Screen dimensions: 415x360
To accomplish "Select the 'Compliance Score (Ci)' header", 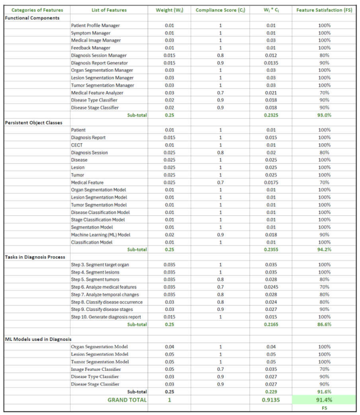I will [219, 10].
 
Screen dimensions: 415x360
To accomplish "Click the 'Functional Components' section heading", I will [33, 18].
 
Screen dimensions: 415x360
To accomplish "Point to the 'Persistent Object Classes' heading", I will [37, 122].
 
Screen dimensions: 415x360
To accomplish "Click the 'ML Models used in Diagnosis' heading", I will [38, 339].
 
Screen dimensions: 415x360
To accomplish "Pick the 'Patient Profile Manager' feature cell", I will [95, 25].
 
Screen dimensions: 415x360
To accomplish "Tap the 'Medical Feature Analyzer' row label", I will [97, 93].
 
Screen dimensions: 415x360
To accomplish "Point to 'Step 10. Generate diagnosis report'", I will [106, 316].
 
